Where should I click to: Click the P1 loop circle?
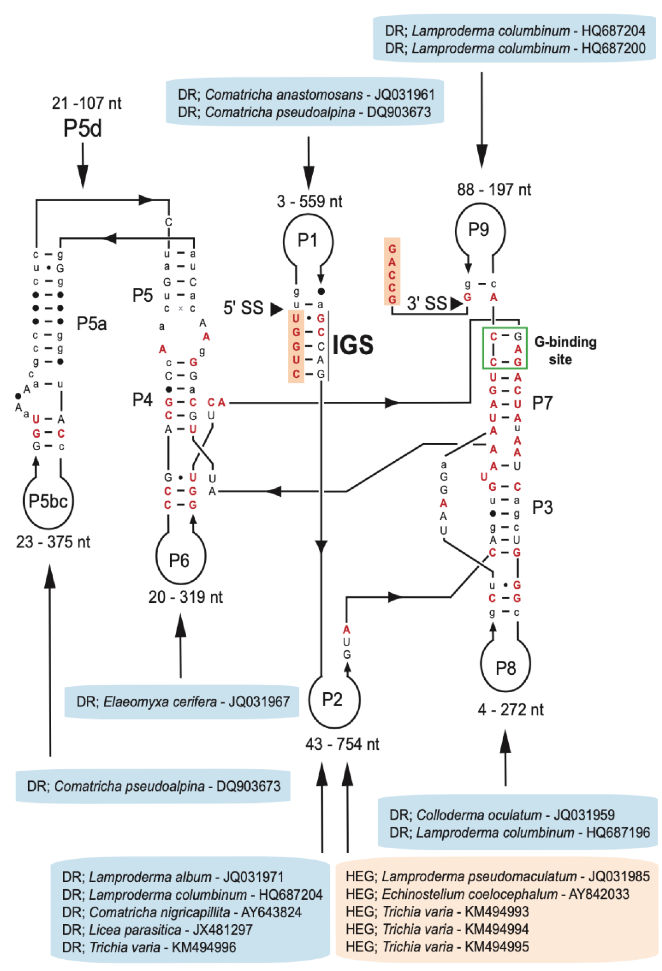[x=308, y=241]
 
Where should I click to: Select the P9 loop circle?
[x=480, y=230]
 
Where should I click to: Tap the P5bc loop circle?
[x=48, y=501]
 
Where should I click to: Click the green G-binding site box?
[x=505, y=348]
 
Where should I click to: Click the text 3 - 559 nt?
[x=310, y=202]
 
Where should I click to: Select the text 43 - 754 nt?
[x=342, y=744]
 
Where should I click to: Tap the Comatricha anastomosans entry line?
[x=306, y=95]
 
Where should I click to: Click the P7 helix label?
[x=542, y=403]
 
